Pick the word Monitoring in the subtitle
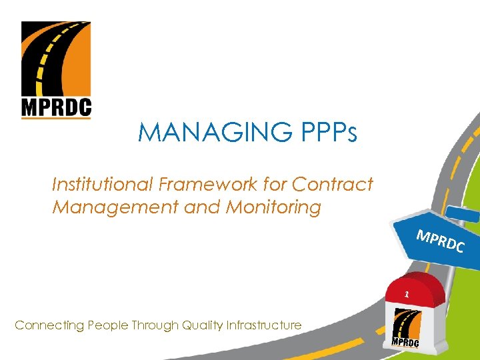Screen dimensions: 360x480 pyautogui.click(x=273, y=207)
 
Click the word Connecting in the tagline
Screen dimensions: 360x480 pyautogui.click(x=44, y=325)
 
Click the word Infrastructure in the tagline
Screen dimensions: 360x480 pyautogui.click(x=263, y=325)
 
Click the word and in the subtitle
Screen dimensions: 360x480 pyautogui.click(x=205, y=207)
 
